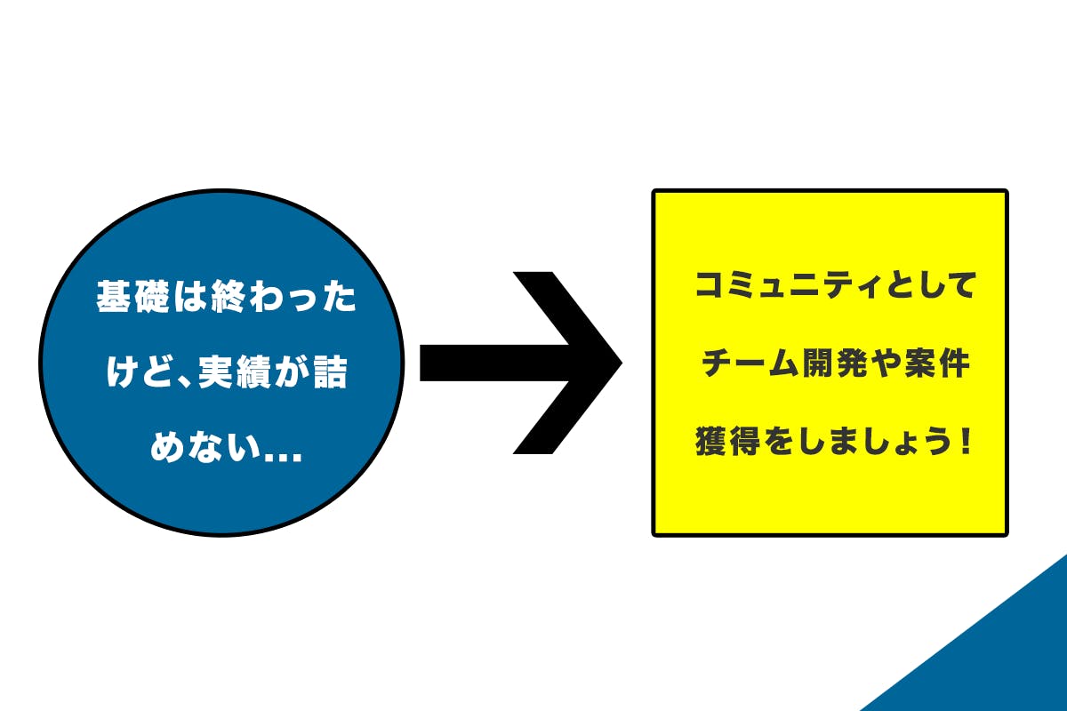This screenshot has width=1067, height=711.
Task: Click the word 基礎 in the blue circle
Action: [132, 296]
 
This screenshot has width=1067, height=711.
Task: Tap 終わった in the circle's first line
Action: [284, 296]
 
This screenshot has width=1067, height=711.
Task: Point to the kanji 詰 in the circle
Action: [330, 371]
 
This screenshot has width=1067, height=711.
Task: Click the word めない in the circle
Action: [205, 447]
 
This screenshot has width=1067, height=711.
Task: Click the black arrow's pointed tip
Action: [622, 363]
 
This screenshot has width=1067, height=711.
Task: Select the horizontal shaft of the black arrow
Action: [495, 363]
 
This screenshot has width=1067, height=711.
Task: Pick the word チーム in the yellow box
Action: [750, 363]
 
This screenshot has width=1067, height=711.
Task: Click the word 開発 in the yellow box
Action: [838, 363]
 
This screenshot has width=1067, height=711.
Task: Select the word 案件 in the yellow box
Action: [937, 363]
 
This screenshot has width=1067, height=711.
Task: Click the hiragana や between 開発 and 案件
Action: [889, 363]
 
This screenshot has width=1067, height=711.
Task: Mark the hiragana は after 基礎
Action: [190, 296]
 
